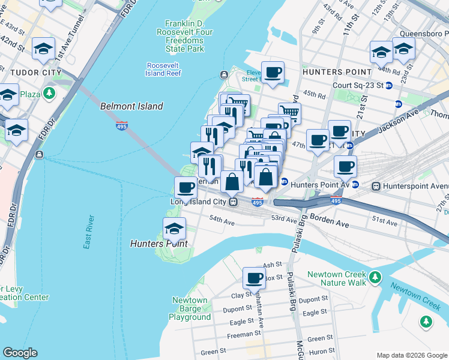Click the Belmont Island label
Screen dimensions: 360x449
pos(131,106)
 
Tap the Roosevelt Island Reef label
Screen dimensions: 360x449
pos(163,70)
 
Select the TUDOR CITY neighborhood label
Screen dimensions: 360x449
pos(36,73)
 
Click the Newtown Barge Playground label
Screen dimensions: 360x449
pos(190,308)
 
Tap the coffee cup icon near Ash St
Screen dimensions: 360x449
pos(254,277)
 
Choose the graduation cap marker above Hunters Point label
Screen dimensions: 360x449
pos(174,228)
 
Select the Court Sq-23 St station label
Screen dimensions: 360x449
pos(358,85)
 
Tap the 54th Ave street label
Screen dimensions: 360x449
pos(221,221)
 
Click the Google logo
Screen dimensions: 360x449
pos(20,353)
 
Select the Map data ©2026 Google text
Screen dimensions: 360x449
pos(411,355)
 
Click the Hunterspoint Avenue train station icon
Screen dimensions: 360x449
pos(376,186)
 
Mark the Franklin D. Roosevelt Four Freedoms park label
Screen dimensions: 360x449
pos(188,35)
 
